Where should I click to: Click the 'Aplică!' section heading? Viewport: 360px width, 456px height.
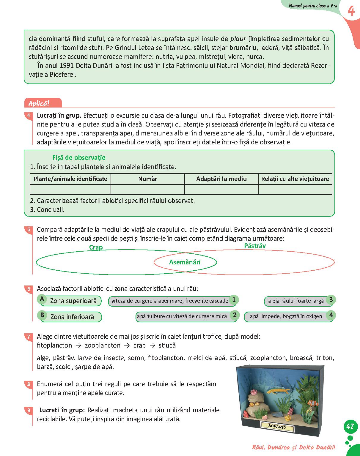pos(39,103)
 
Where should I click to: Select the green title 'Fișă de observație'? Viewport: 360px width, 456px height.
pos(79,157)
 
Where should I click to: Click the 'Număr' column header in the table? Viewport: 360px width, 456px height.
pos(147,179)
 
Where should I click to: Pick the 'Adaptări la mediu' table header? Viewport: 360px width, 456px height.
pos(221,179)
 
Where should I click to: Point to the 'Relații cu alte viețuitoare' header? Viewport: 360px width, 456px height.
pos(295,179)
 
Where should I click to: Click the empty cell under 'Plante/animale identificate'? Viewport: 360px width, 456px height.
pos(70,190)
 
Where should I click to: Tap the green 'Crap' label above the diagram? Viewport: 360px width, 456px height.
pos(96,247)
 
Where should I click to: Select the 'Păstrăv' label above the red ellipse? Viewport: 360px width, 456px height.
pos(255,246)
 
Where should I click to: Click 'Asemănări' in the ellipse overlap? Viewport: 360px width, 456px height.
pos(185,262)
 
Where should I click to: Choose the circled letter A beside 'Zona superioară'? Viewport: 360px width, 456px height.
pos(42,299)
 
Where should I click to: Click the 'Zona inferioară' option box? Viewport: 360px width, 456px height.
pos(72,317)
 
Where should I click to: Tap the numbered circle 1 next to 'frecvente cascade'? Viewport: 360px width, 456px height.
pos(234,299)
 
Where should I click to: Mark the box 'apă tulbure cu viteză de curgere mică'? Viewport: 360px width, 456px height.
pos(182,317)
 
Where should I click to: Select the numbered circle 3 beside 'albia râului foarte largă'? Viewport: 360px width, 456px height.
pos(331,299)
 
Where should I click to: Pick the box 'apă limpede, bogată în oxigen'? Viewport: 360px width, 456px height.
pos(286,317)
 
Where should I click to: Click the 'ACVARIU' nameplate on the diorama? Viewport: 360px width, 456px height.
pos(277,427)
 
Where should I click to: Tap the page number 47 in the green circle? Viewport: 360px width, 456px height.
pos(350,427)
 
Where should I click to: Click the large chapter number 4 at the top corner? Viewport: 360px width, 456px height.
pos(351,11)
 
